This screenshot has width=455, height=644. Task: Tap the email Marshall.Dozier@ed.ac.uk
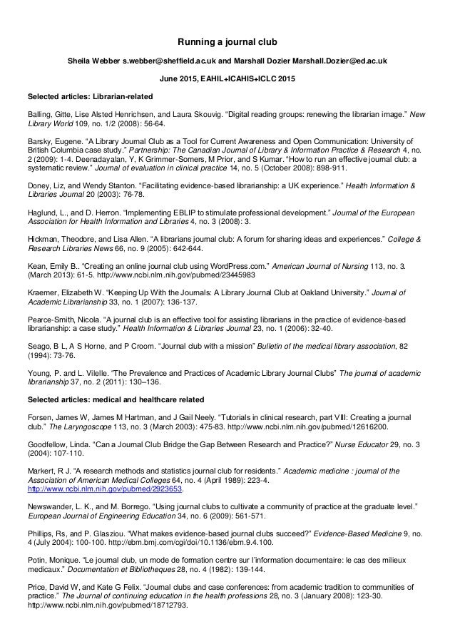[334, 61]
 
